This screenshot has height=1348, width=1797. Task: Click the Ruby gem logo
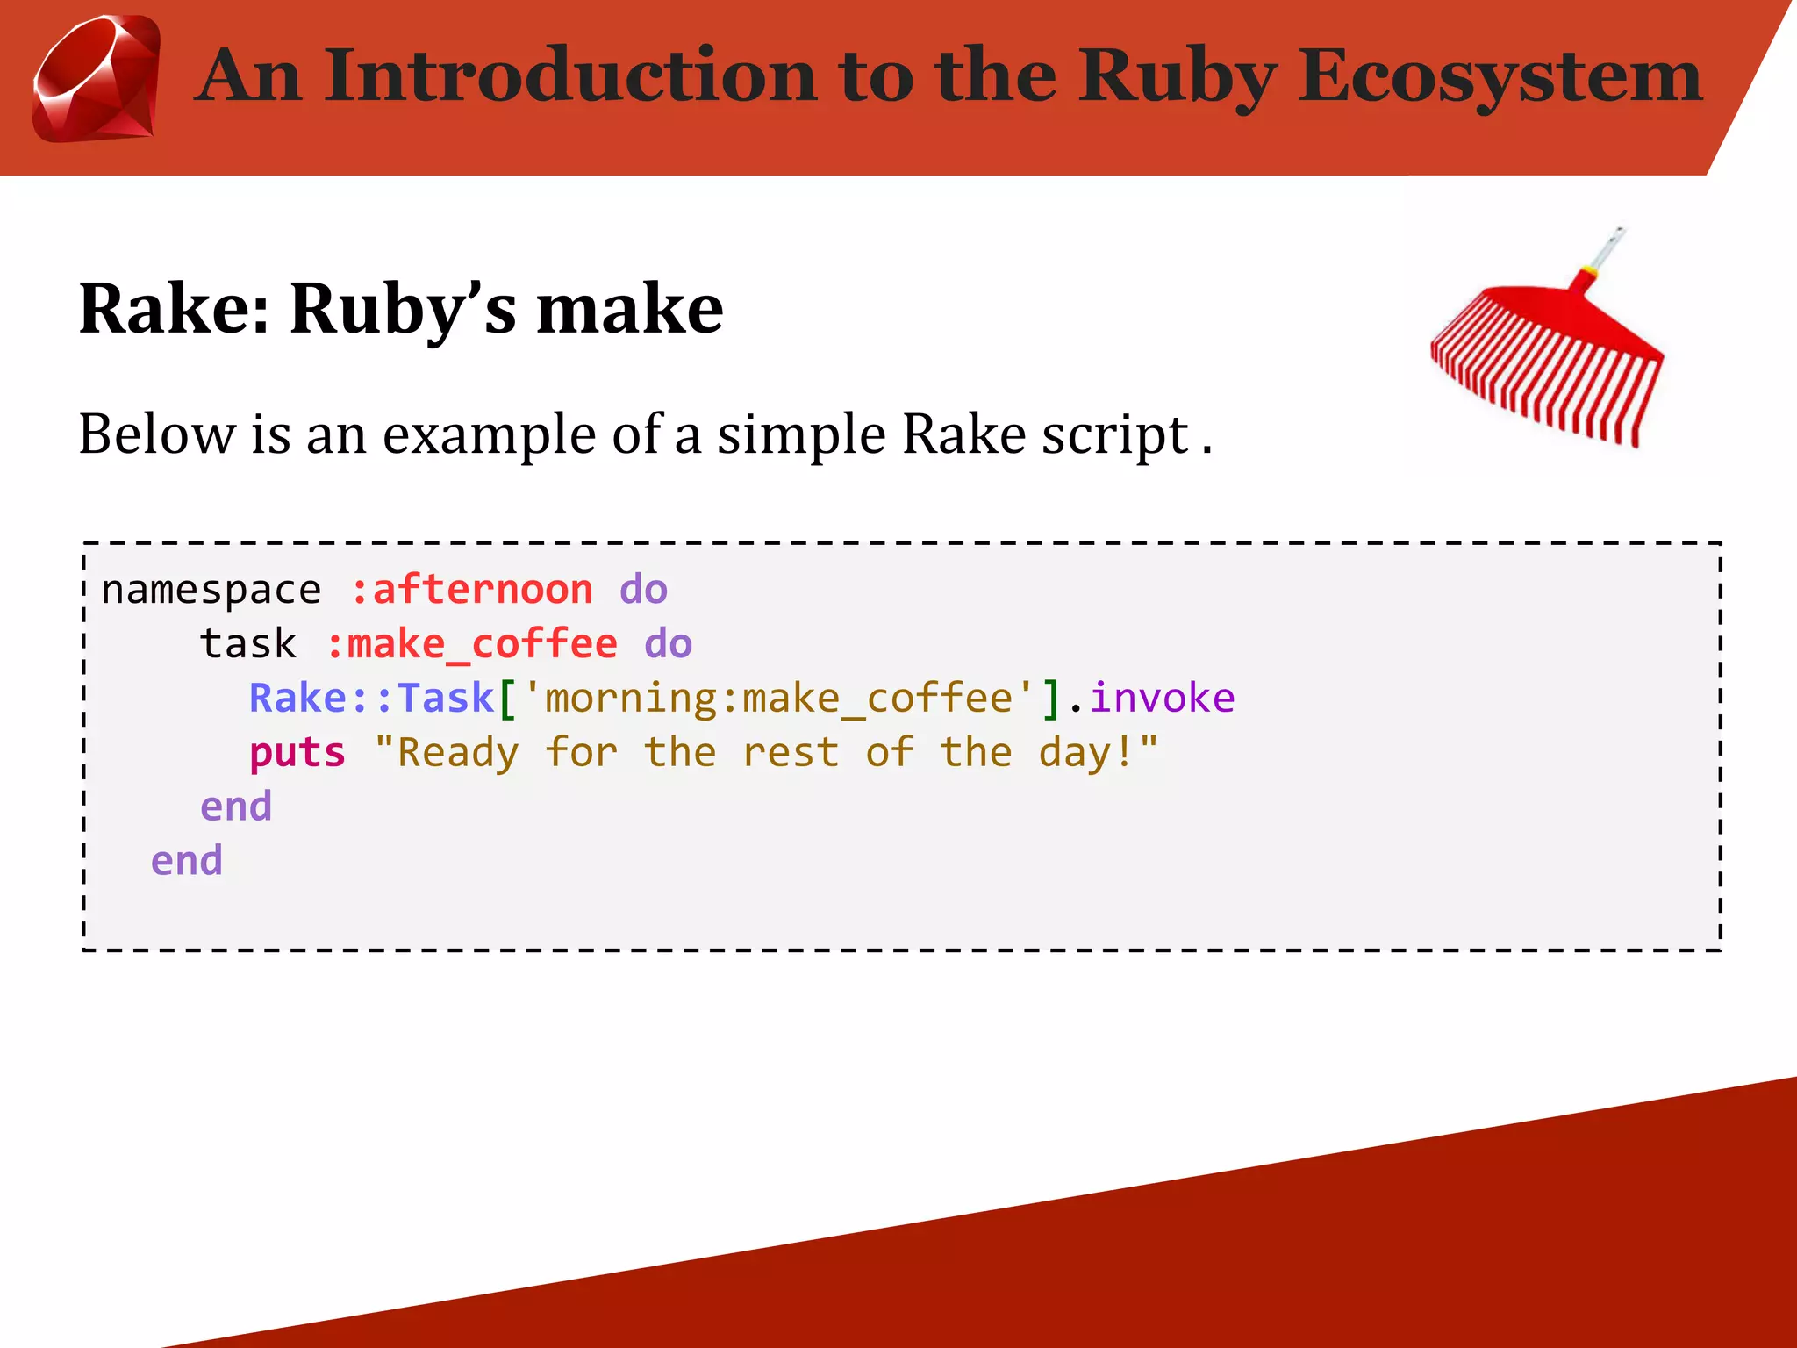97,79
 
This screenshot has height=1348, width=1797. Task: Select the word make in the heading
629,309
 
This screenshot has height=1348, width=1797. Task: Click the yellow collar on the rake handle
1586,269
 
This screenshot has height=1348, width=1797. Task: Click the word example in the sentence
490,434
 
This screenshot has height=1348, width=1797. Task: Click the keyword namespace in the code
211,590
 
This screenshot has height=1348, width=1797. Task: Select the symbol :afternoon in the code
471,590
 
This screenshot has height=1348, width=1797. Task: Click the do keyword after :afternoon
643,590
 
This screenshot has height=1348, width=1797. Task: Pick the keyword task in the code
247,644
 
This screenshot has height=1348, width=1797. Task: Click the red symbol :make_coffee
471,644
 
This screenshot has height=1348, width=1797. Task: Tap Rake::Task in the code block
372,699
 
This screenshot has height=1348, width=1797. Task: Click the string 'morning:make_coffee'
777,699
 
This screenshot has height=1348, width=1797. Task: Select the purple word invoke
1162,699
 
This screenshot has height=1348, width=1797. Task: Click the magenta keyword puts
297,753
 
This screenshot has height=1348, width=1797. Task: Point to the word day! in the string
1086,753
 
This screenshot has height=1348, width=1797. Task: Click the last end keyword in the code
186,861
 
